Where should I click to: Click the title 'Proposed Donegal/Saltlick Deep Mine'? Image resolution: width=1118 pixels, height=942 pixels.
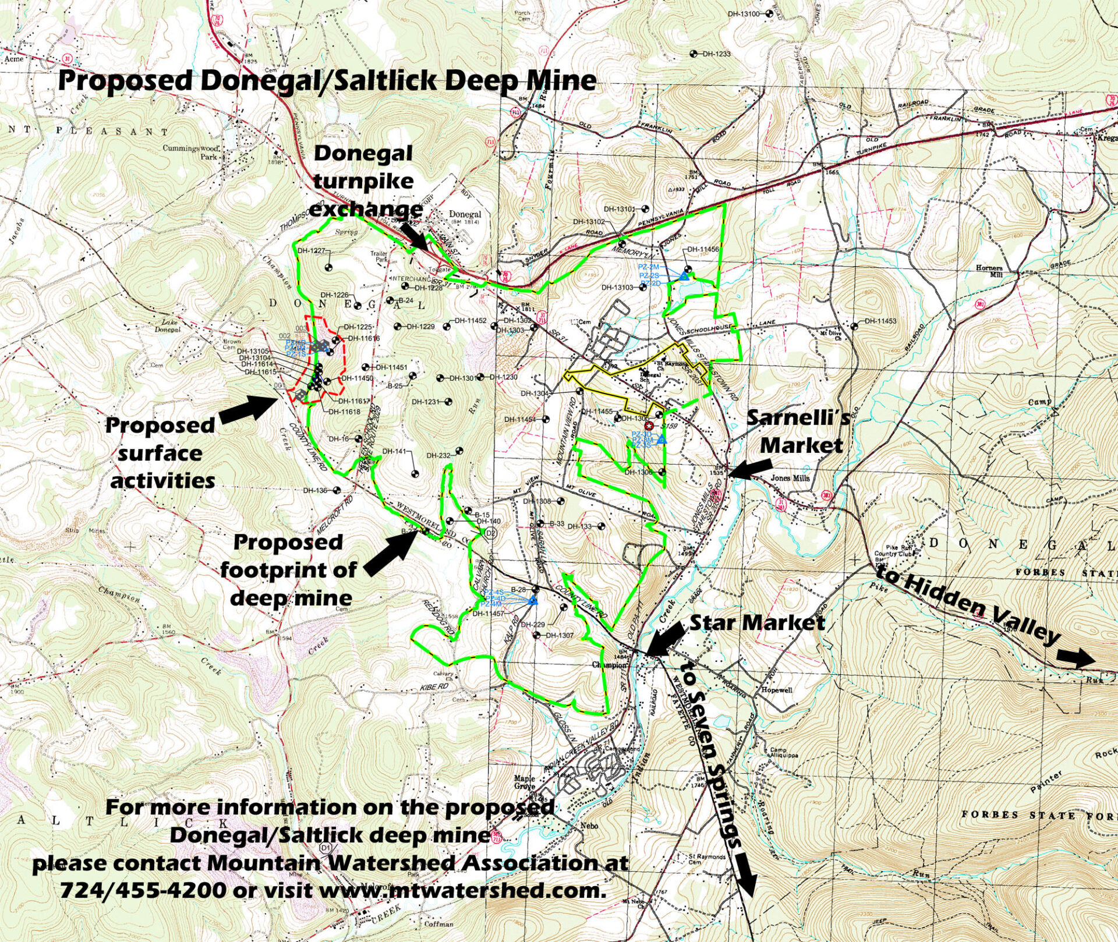pos(327,81)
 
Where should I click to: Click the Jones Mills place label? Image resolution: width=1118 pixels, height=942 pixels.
pos(790,478)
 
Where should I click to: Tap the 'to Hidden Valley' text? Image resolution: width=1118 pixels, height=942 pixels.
pos(967,605)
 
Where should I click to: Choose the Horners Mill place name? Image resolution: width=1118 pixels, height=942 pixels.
pos(988,272)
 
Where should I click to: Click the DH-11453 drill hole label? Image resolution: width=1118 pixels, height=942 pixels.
pos(880,321)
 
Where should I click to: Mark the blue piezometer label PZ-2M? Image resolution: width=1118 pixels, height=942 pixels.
pos(648,267)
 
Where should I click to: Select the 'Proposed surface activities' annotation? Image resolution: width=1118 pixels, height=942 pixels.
pos(160,453)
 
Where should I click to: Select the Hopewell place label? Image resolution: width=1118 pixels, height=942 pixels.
pos(777,690)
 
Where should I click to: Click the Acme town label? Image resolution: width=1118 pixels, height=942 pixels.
pos(13,59)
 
